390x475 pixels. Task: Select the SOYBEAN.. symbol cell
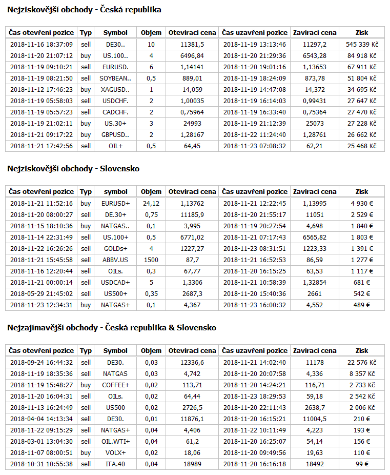115,78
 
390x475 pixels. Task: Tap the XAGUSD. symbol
115,90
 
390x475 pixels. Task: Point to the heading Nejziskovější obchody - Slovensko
73,169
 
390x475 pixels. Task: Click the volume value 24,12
151,204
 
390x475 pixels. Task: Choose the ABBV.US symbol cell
115,260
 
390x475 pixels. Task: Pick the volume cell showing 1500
151,260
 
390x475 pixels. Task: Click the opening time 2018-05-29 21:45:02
42,294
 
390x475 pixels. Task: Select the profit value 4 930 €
361,204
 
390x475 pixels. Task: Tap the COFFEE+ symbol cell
115,385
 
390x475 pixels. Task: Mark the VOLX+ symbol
115,453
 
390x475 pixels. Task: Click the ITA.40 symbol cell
115,464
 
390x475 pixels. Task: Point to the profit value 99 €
361,464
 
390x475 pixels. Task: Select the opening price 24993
192,124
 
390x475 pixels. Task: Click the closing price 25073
315,124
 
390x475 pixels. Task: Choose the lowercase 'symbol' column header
115,191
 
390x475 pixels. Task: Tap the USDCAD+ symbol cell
115,283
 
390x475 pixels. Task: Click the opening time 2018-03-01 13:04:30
42,442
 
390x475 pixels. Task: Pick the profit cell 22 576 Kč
361,363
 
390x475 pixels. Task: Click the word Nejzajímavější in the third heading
34,328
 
